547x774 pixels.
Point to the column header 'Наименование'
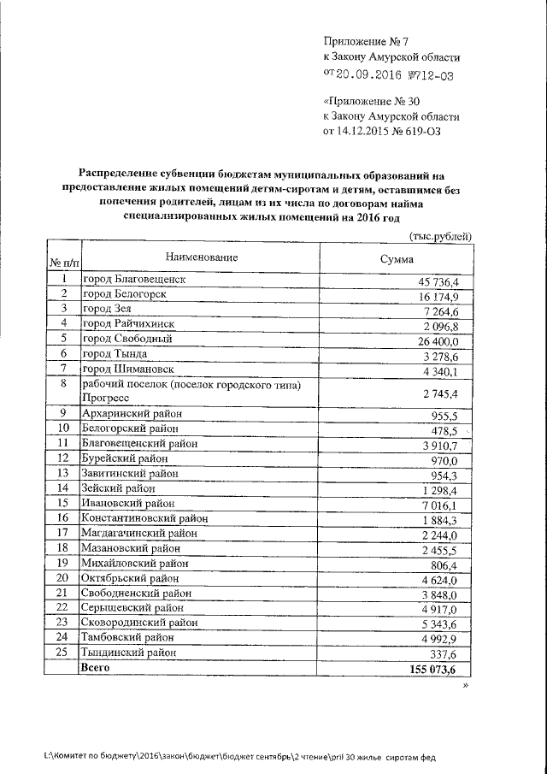tap(195, 257)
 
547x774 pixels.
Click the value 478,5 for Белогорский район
tap(444, 429)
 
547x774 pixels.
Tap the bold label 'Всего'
tap(95, 666)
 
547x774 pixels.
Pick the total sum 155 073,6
tap(432, 668)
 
